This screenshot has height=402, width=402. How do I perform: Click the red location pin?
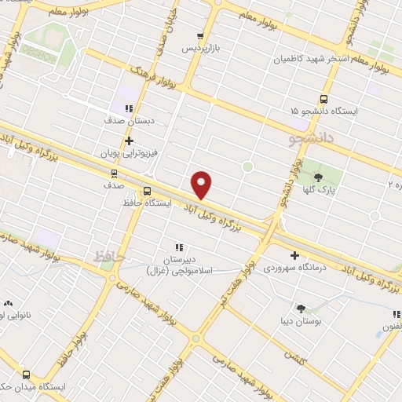tap(202, 184)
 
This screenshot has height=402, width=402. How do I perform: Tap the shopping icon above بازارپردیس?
tap(201, 36)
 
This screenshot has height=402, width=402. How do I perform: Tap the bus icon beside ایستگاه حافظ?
tap(147, 191)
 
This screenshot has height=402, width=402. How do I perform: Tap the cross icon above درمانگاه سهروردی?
tap(294, 255)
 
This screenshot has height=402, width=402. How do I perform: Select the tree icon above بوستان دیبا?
tap(301, 309)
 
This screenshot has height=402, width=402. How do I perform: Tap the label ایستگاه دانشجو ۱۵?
tap(323, 111)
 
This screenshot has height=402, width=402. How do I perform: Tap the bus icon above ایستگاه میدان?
tap(27, 375)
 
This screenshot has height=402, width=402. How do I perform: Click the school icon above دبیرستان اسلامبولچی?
tap(179, 247)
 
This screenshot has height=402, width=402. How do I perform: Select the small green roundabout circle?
tap(247, 166)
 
